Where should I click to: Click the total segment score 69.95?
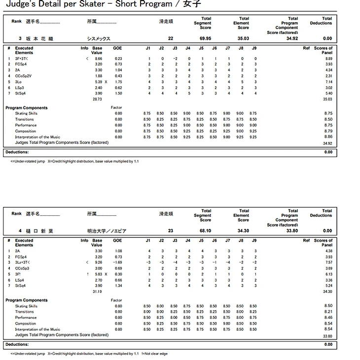click(x=206, y=38)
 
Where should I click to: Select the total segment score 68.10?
click(x=206, y=230)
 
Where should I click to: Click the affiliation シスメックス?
click(x=98, y=38)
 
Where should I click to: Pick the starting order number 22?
click(x=171, y=38)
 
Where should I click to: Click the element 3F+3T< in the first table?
click(x=23, y=59)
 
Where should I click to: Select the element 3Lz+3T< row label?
click(x=24, y=262)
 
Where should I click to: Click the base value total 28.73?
click(x=98, y=99)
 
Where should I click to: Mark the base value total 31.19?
click(x=98, y=292)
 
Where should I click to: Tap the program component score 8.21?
click(x=328, y=312)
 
